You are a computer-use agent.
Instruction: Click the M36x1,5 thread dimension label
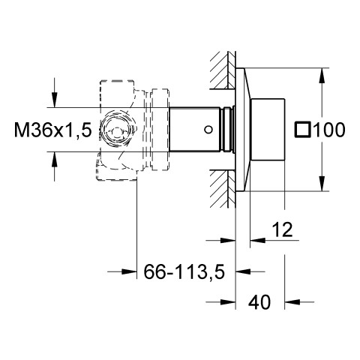point(52,130)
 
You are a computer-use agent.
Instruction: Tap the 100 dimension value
point(329,130)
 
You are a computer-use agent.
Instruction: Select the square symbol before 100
point(303,130)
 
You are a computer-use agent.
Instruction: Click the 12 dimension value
point(282,229)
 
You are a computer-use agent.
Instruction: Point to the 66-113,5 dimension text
point(184,271)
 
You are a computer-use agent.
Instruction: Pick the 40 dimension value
point(259,301)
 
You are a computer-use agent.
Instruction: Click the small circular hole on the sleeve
point(208,130)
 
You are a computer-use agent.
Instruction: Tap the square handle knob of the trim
point(268,130)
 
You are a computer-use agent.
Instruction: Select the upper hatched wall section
point(223,70)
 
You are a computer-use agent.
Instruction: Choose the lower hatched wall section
point(223,189)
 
